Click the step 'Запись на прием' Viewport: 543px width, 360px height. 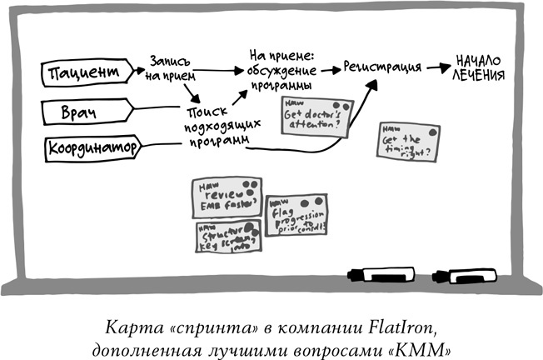pos(172,67)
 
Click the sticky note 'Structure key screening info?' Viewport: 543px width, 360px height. pos(227,238)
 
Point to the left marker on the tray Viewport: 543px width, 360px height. pos(379,273)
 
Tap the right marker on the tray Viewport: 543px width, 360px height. pos(463,274)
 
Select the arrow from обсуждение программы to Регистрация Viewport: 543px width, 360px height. pos(327,67)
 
